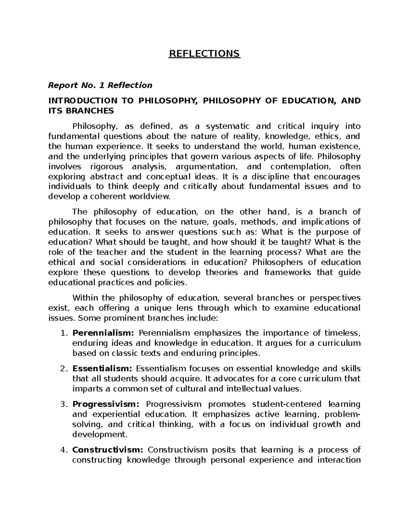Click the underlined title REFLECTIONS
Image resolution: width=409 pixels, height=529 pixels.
pos(204,54)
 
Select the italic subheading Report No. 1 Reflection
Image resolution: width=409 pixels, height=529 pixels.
pos(100,85)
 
